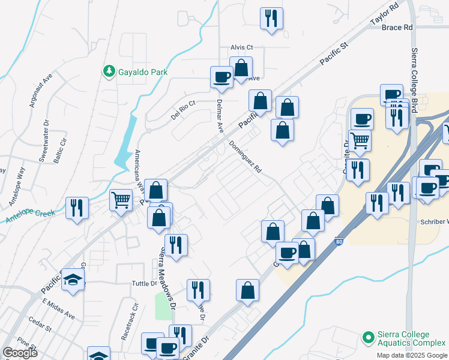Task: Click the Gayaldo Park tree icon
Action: point(109,71)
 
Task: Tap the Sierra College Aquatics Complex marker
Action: point(367,338)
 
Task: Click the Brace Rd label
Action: point(397,28)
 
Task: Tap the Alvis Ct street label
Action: point(243,47)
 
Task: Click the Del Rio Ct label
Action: point(183,109)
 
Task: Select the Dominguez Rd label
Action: point(246,157)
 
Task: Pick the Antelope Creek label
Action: point(30,216)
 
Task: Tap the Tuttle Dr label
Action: point(144,283)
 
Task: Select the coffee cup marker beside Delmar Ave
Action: point(221,77)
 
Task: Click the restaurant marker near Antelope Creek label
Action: point(77,208)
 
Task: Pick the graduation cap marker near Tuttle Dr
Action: point(73,280)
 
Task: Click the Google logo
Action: point(20,353)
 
